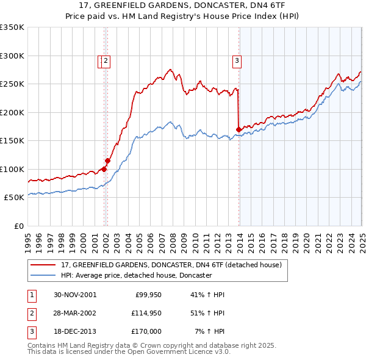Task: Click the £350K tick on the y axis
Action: (12, 27)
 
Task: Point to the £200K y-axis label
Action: (12, 112)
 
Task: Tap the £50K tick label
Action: (15, 198)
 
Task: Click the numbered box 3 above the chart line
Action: (236, 60)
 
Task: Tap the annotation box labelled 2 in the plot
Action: (106, 60)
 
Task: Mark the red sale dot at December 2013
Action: (238, 129)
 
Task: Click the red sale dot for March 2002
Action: (107, 160)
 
